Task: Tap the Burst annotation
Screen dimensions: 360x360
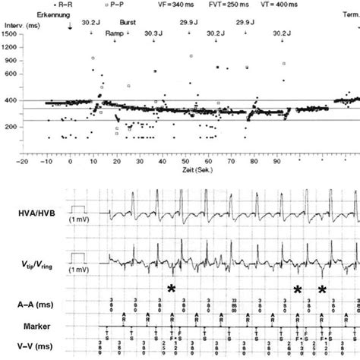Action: click(128, 24)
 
